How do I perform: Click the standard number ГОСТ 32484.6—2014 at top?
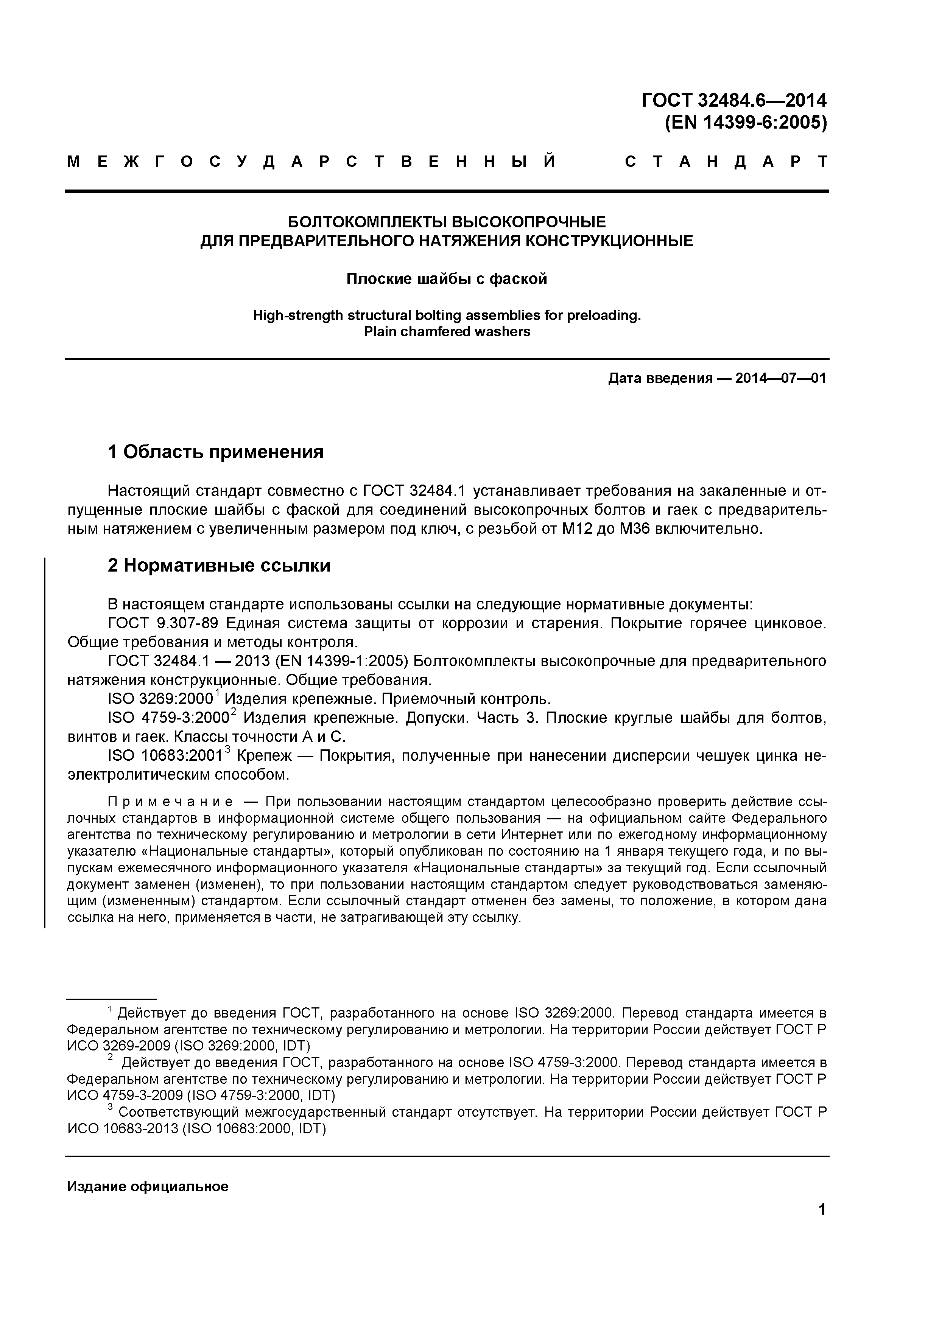pyautogui.click(x=734, y=101)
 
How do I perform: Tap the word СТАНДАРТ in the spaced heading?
pyautogui.click(x=726, y=162)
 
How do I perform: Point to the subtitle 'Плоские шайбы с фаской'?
pyautogui.click(x=446, y=279)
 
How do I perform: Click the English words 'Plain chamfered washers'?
pyautogui.click(x=446, y=332)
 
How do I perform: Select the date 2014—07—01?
pyautogui.click(x=780, y=379)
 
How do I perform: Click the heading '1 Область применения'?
pyautogui.click(x=216, y=452)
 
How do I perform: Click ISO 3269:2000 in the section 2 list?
pyautogui.click(x=161, y=699)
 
